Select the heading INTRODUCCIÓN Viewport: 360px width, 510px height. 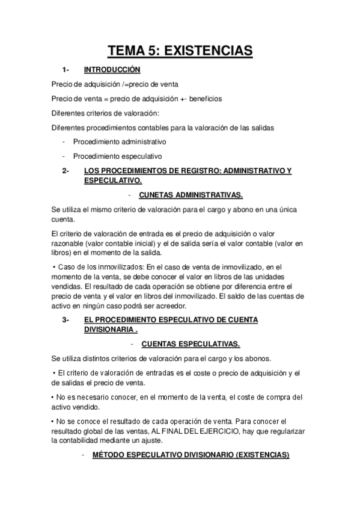[x=112, y=70]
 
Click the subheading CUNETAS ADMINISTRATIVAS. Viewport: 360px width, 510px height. [x=191, y=195]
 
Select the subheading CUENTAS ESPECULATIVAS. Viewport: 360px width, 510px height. [x=191, y=344]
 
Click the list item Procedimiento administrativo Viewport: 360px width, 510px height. [x=120, y=142]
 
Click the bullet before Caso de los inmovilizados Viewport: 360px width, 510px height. [x=54, y=266]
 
